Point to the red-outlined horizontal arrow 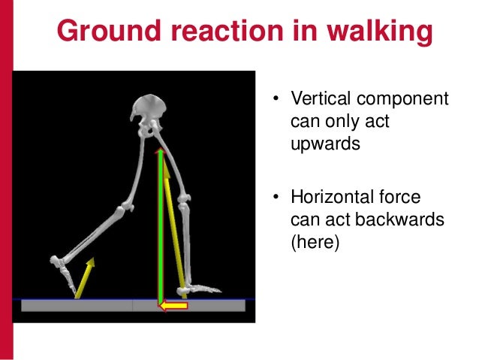[x=173, y=305]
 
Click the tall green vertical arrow [x=159, y=225]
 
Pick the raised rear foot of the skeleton [x=64, y=265]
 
